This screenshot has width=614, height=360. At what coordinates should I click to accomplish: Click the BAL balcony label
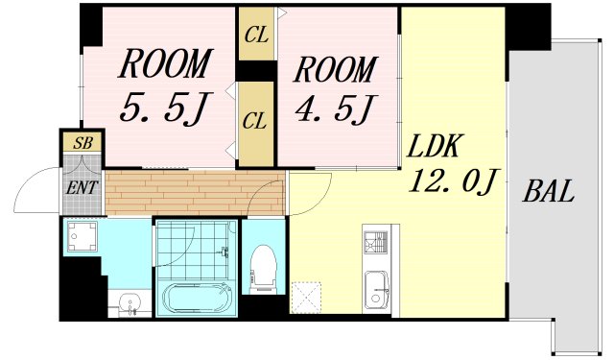[548, 191]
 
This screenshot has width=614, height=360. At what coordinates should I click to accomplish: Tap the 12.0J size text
[452, 180]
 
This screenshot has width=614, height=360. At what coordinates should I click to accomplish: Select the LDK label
[433, 146]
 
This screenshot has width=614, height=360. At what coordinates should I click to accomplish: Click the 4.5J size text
[335, 108]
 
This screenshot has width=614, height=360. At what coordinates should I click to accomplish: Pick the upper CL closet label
[256, 36]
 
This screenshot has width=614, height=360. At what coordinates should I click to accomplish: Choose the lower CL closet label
[254, 120]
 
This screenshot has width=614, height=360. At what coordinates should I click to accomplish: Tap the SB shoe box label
[83, 143]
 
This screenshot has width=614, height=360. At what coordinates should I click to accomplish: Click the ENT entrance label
[81, 187]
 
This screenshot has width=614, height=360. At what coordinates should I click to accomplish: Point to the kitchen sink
[377, 291]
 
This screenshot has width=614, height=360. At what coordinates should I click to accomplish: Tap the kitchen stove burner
[375, 242]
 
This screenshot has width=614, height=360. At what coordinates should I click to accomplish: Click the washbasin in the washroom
[130, 303]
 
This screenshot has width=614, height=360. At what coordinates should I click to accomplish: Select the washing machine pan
[83, 236]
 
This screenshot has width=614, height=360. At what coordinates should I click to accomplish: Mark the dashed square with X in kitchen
[306, 298]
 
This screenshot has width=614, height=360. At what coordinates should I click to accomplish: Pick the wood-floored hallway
[195, 192]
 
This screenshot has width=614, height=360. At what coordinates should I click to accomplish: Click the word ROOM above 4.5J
[336, 70]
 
